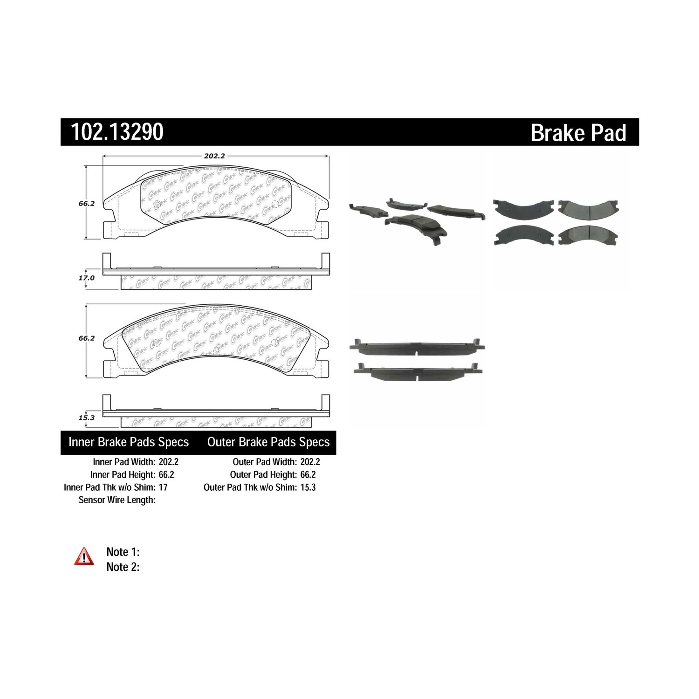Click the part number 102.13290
[117, 132]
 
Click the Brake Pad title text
[578, 133]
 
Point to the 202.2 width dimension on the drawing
[214, 156]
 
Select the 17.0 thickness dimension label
[87, 278]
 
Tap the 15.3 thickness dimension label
[87, 418]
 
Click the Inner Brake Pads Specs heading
[129, 442]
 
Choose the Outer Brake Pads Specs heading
[268, 442]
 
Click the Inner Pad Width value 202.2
[169, 462]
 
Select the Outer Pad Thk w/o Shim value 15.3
[308, 487]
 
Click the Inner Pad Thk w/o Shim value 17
[163, 487]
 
